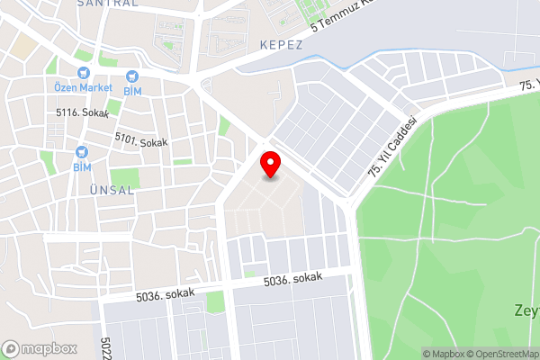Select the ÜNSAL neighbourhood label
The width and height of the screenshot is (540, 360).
click(112, 190)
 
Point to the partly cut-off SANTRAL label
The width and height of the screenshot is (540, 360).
click(107, 4)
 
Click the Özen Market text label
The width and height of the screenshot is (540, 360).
click(82, 88)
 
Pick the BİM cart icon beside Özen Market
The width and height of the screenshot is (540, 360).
click(131, 76)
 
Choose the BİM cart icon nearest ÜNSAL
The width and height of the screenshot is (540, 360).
click(82, 152)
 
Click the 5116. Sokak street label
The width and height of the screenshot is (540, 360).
click(82, 114)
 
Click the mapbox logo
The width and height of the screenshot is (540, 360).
click(40, 348)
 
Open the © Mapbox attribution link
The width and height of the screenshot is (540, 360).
click(446, 354)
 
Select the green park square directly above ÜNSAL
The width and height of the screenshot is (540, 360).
click(124, 175)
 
